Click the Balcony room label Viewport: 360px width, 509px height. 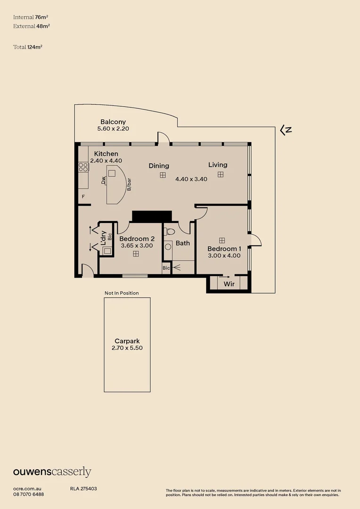coord(113,122)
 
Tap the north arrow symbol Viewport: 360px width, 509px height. coord(286,130)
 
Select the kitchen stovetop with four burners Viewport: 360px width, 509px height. coord(83,166)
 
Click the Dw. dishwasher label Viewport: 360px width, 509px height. coord(103,180)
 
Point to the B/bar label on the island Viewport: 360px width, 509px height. coord(129,185)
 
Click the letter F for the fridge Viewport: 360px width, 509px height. coord(83,196)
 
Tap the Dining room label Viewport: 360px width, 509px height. coord(159,166)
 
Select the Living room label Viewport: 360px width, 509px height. coord(218,165)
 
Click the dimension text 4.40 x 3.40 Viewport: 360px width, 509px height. coord(191,179)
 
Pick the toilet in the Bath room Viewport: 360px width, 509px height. coord(170,232)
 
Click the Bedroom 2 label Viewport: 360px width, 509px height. coord(137,238)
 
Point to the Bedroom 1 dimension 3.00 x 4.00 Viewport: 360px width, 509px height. coord(224,256)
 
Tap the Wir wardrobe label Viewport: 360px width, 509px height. coord(229,284)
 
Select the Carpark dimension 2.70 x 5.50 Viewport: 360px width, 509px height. coord(127,348)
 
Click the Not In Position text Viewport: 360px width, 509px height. coord(122,293)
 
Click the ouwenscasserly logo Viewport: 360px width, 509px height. coord(52,472)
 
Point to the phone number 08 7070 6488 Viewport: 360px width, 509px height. coord(29,494)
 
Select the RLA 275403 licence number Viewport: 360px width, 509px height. coord(83,489)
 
